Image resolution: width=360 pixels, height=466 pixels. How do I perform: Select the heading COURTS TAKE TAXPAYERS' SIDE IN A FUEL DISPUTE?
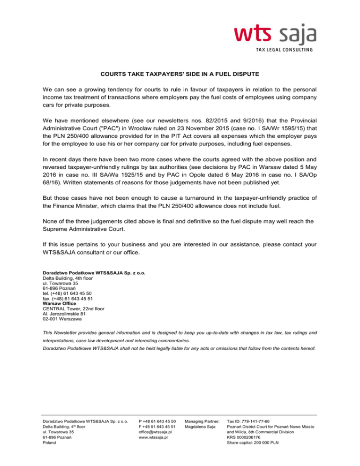180,74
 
